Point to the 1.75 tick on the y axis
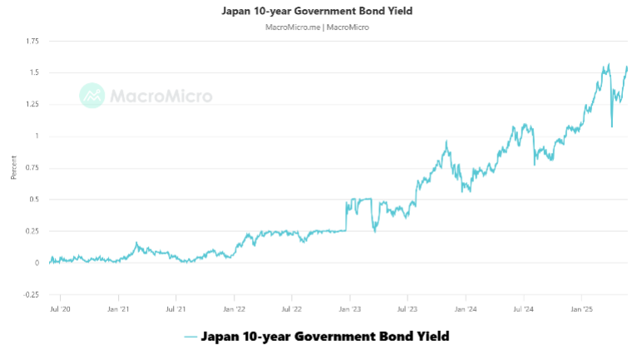(32, 41)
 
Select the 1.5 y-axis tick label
(35, 72)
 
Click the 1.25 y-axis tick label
(32, 104)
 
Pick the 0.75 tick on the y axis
(32, 167)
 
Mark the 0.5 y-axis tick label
(35, 200)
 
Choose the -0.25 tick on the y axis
(32, 294)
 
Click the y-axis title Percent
(13, 167)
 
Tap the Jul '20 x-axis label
(61, 308)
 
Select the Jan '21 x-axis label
(119, 308)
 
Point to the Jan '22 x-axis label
(235, 308)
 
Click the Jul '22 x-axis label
(292, 308)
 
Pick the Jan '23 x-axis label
(350, 308)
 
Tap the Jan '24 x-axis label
(466, 308)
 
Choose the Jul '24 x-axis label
(523, 308)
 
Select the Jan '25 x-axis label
(581, 308)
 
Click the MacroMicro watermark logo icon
(91, 96)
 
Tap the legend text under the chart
(325, 337)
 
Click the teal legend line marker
(190, 337)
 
